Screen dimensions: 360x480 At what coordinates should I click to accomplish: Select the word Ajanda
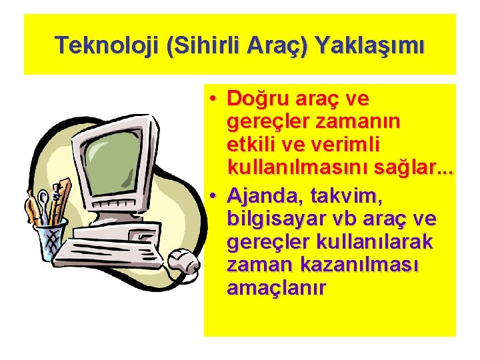tap(263, 195)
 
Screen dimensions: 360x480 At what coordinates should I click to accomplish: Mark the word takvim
tap(347, 195)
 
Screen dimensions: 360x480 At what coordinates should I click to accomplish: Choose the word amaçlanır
tap(277, 288)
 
